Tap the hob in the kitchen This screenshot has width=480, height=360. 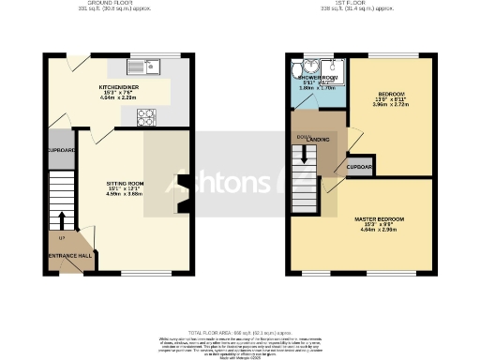tap(147, 116)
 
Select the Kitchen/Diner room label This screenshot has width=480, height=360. tap(120, 84)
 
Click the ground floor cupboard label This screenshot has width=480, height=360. tap(61, 150)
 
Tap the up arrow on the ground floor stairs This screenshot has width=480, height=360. tap(62, 220)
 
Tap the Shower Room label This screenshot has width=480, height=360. tap(318, 77)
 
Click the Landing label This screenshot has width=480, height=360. tap(319, 140)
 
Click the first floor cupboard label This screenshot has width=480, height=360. tap(359, 168)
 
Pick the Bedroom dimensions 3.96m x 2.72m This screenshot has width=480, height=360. tap(391, 106)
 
